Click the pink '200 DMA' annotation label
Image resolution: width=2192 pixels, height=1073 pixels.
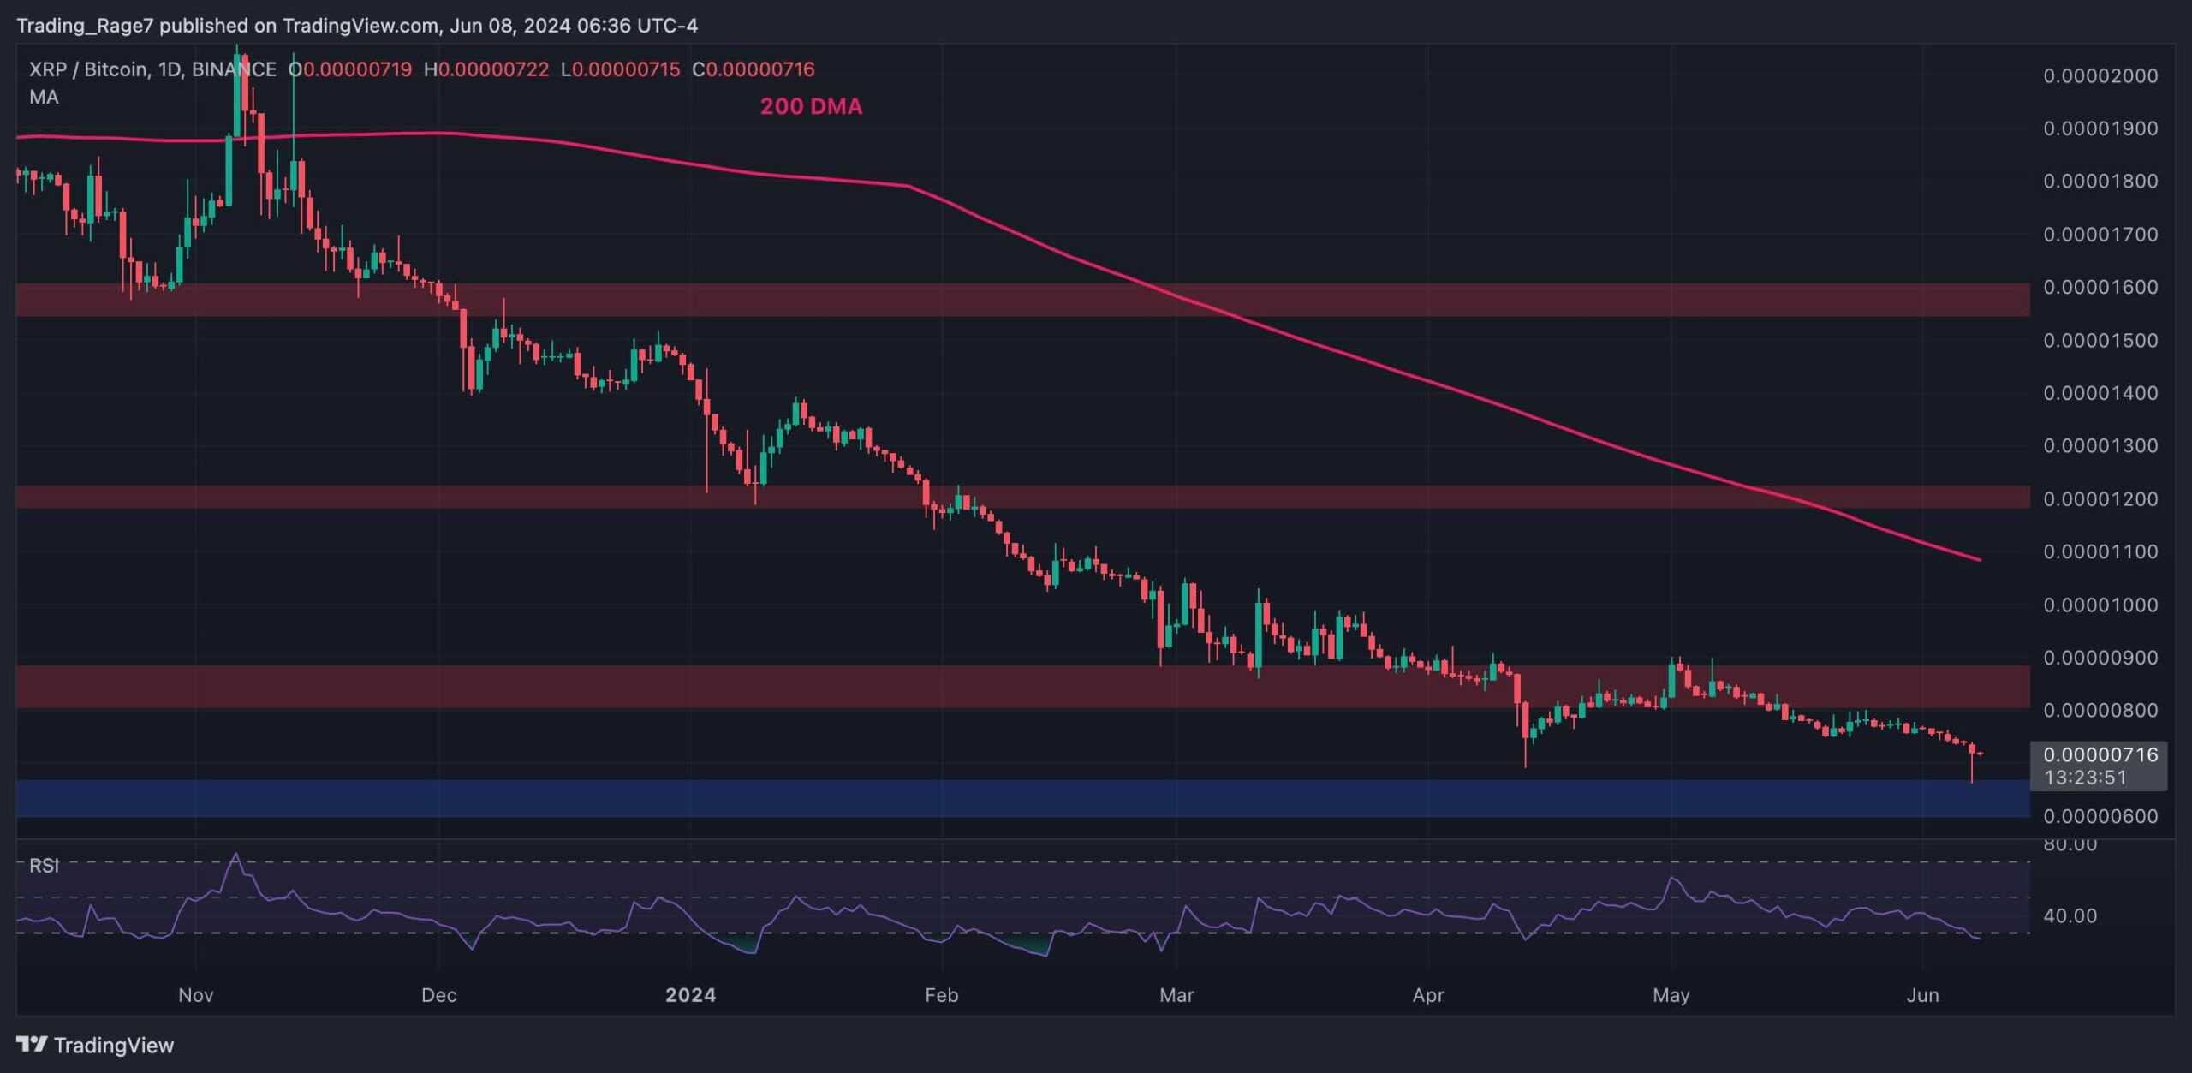pyautogui.click(x=811, y=106)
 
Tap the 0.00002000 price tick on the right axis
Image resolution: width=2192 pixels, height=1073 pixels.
pyautogui.click(x=2100, y=75)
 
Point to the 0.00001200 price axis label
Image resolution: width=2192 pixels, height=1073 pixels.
pyautogui.click(x=2100, y=498)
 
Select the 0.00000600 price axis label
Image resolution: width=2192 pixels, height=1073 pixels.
pyautogui.click(x=2100, y=816)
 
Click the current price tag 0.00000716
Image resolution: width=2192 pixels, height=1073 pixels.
pyautogui.click(x=2100, y=754)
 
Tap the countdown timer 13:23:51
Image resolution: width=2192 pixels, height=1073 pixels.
pyautogui.click(x=2085, y=778)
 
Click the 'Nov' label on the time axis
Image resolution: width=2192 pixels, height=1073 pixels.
pyautogui.click(x=195, y=995)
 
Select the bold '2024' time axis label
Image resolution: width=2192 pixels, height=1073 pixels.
pyautogui.click(x=691, y=995)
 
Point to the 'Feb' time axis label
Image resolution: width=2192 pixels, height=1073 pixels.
pyautogui.click(x=941, y=995)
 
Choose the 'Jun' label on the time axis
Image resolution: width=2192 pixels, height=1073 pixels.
pyautogui.click(x=1922, y=995)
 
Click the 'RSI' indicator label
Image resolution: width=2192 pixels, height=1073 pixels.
pyautogui.click(x=44, y=866)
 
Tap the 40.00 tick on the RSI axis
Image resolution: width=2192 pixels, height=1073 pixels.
pyautogui.click(x=2070, y=915)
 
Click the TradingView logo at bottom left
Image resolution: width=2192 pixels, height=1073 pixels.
pyautogui.click(x=95, y=1045)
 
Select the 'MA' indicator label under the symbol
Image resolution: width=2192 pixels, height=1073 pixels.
pyautogui.click(x=44, y=97)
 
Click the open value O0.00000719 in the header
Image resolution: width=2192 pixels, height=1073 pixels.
pyautogui.click(x=350, y=69)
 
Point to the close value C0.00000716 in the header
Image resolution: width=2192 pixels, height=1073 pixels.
pyautogui.click(x=753, y=69)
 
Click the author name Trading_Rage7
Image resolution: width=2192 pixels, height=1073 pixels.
pyautogui.click(x=85, y=26)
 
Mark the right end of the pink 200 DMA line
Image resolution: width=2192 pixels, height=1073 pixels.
pyautogui.click(x=1979, y=560)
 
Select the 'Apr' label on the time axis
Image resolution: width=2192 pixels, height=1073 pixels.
pyautogui.click(x=1428, y=995)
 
